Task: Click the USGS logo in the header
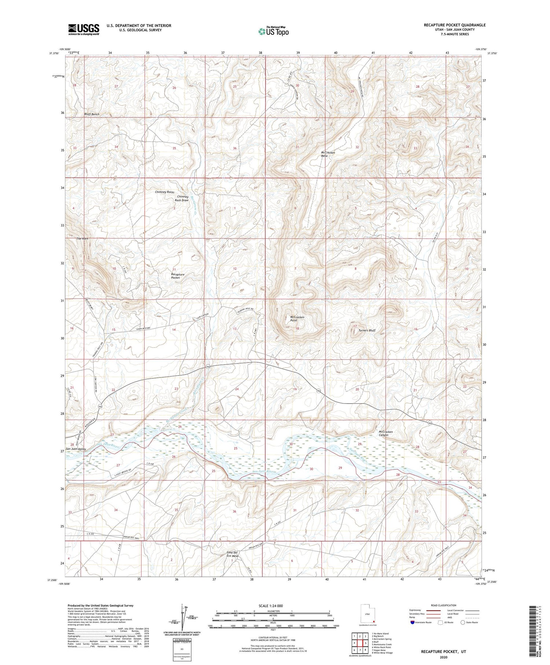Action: click(84, 29)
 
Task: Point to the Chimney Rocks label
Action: click(164, 192)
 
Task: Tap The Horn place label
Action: click(82, 239)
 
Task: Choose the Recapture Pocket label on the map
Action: click(177, 276)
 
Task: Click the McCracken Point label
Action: click(297, 318)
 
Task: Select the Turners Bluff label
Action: click(367, 330)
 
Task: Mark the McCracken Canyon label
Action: click(385, 433)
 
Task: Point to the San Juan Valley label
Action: click(76, 449)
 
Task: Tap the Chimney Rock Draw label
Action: click(181, 198)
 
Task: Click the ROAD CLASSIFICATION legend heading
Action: click(443, 605)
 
